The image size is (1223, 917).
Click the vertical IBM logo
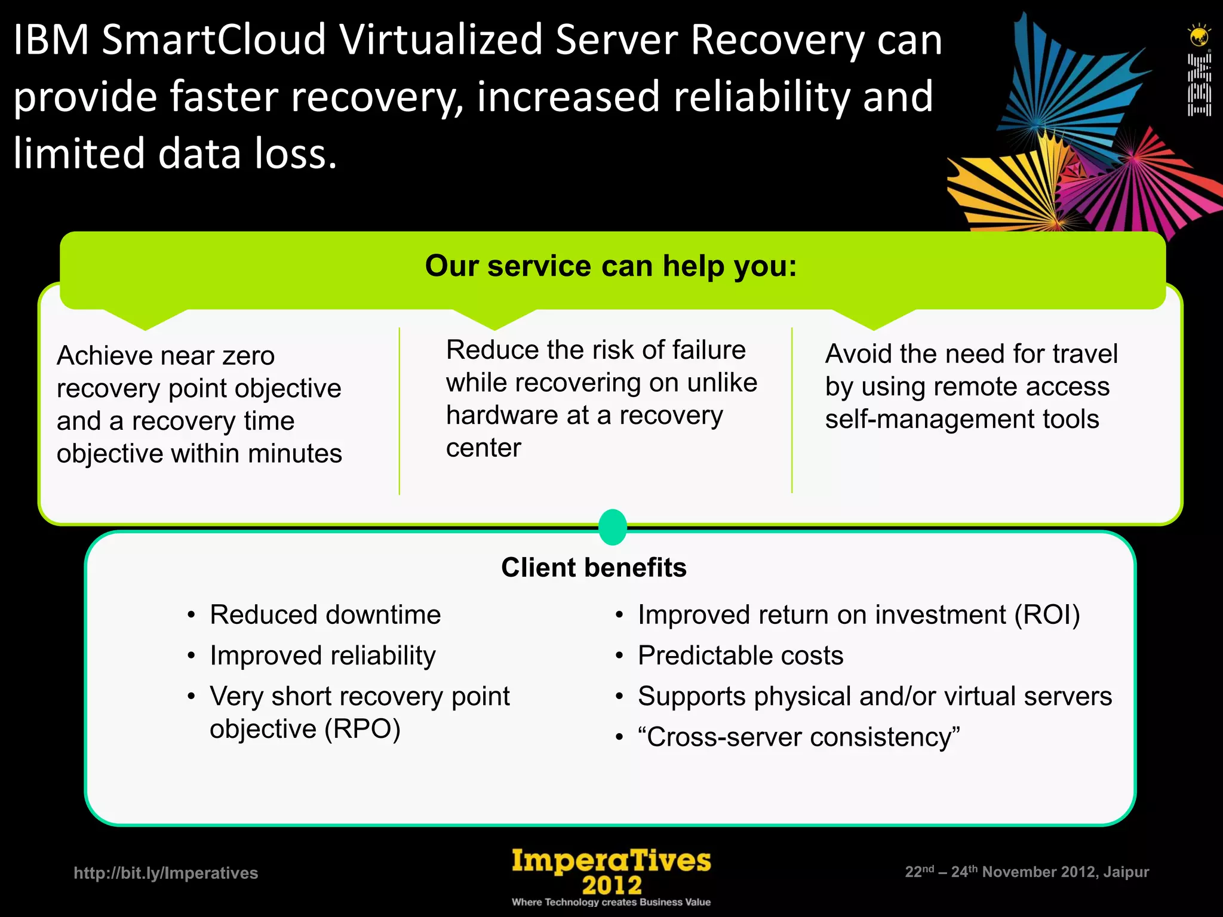[1199, 84]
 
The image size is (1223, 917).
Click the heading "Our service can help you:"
[611, 266]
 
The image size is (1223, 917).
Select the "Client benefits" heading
[594, 568]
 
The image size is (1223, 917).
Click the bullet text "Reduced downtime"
[325, 615]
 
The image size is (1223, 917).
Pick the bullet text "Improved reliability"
[322, 656]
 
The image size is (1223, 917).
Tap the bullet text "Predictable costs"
[740, 656]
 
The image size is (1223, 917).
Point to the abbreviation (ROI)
[1047, 615]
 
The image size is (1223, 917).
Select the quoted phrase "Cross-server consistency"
[799, 737]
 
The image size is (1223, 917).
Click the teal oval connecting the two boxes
[613, 527]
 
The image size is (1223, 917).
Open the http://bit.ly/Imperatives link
[166, 873]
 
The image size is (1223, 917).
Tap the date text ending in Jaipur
[1027, 872]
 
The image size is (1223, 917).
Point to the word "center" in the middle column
[483, 448]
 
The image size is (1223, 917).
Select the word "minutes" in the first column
[295, 454]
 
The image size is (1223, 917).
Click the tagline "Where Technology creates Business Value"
[611, 902]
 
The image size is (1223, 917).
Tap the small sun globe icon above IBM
[1199, 36]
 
